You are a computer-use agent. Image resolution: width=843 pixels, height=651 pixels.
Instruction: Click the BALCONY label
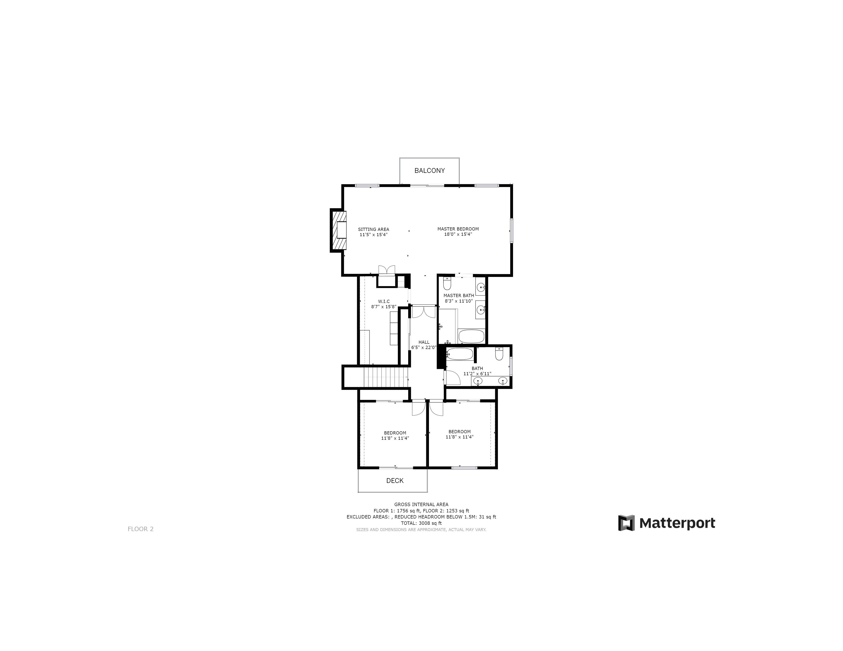430,170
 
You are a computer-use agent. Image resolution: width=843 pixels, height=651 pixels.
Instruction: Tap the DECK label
395,481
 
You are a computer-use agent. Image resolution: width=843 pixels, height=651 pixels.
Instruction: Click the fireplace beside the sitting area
338,230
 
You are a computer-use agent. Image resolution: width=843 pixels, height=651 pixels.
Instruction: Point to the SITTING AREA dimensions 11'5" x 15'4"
373,235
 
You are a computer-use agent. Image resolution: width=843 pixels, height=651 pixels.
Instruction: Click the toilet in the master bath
447,283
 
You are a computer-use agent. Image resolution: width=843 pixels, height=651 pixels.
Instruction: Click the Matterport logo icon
626,523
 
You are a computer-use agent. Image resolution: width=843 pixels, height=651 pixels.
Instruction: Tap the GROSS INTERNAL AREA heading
421,504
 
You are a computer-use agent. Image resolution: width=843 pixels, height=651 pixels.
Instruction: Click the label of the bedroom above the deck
395,433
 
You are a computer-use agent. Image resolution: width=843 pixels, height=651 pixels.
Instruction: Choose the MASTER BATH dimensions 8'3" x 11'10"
459,301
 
